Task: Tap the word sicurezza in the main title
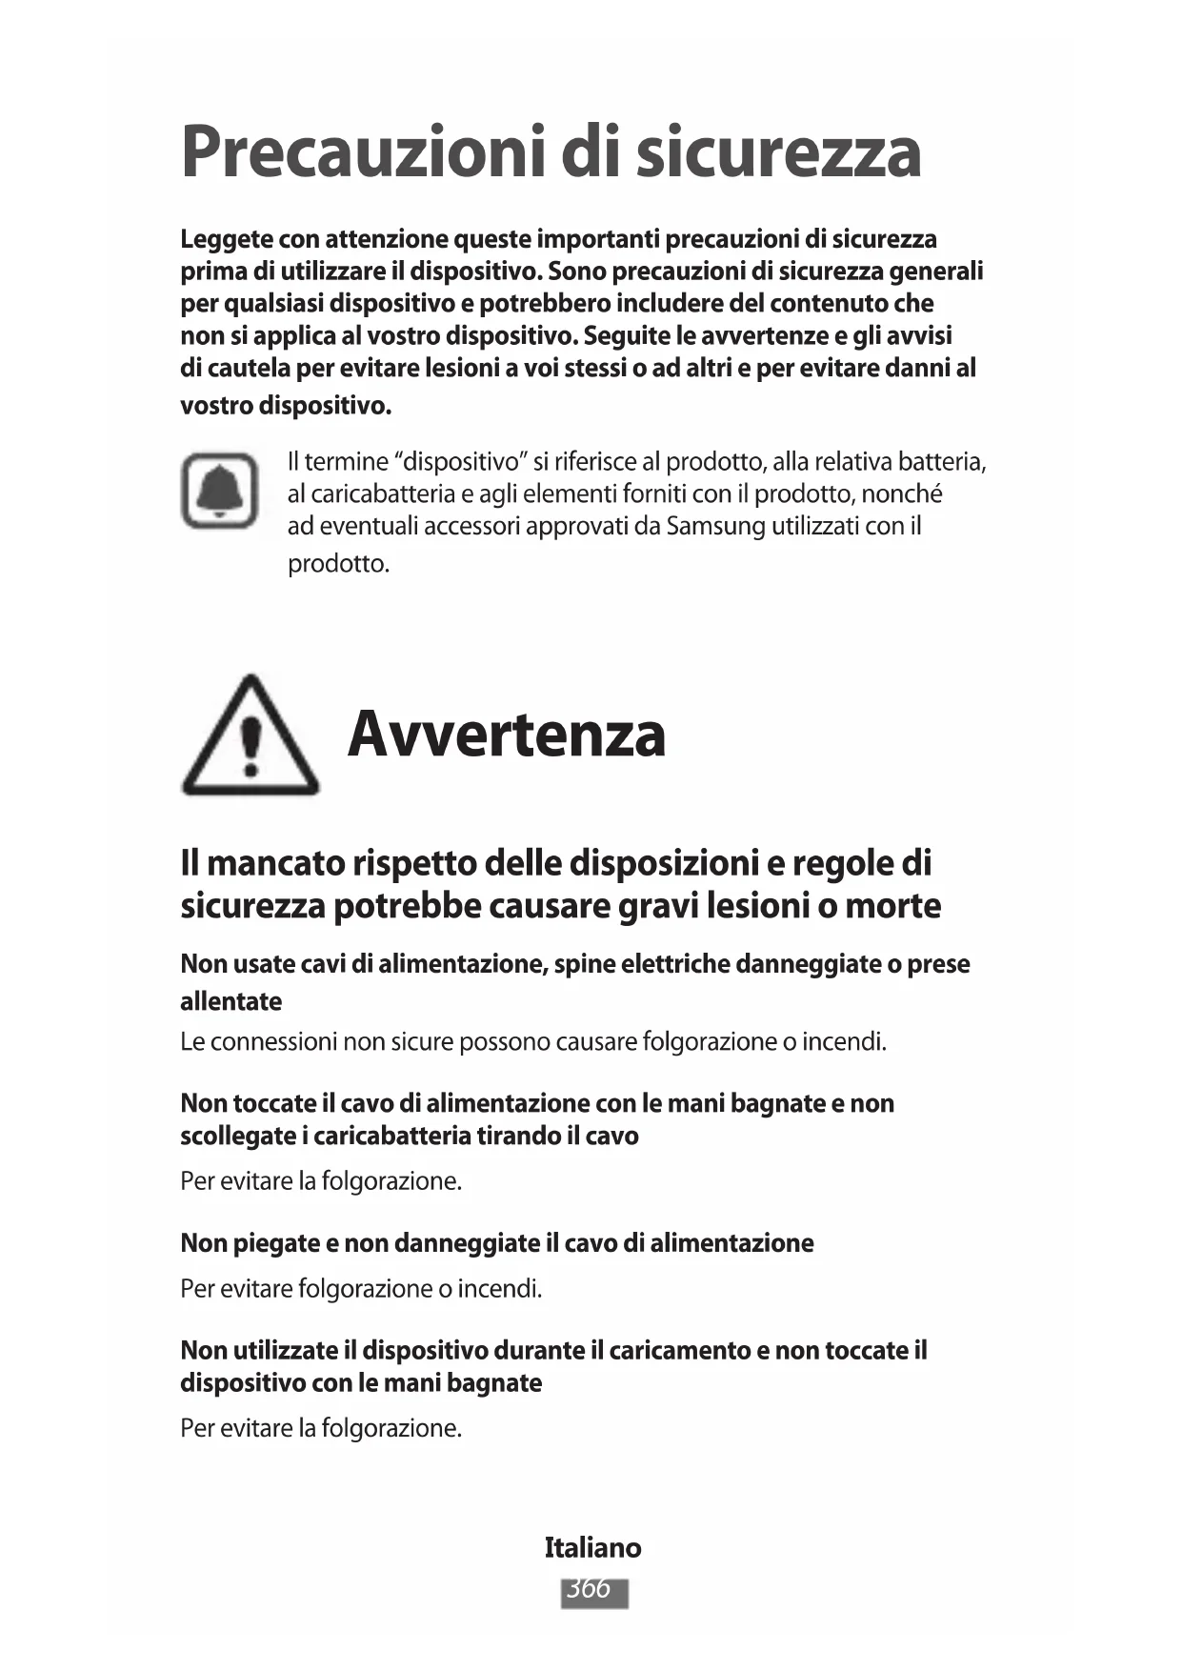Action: [778, 152]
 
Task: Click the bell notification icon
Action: [220, 491]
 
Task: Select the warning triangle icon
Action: [250, 736]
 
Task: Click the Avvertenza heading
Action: [506, 735]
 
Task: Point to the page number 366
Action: [593, 1589]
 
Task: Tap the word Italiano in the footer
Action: [592, 1547]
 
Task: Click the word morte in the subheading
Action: [892, 905]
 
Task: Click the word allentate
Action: [231, 1001]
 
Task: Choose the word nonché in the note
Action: [901, 493]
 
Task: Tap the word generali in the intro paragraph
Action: [935, 272]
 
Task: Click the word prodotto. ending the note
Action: [338, 564]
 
